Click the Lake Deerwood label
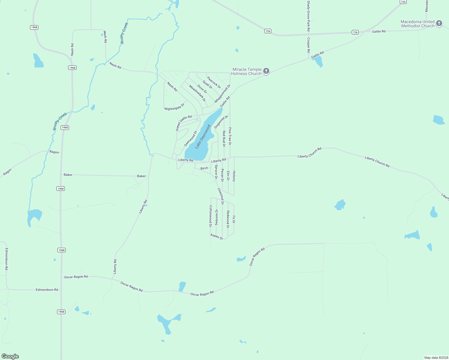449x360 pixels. point(203,137)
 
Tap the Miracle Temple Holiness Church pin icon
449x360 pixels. point(266,71)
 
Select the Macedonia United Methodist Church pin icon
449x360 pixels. point(439,23)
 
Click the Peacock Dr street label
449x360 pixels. point(214,83)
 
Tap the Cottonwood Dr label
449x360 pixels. point(210,216)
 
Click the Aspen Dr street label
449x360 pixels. point(217,237)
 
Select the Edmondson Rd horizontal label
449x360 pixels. point(47,290)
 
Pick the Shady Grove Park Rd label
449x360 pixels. point(308,16)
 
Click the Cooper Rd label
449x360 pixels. point(308,45)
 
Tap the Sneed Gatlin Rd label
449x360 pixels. point(183,123)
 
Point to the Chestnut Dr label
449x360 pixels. point(221,196)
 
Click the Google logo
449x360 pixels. point(10,356)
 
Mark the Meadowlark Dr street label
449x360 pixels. point(197,93)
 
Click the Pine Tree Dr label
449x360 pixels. point(230,136)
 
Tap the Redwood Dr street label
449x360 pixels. point(228,219)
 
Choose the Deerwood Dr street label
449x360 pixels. point(191,139)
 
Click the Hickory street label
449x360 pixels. point(234,176)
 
